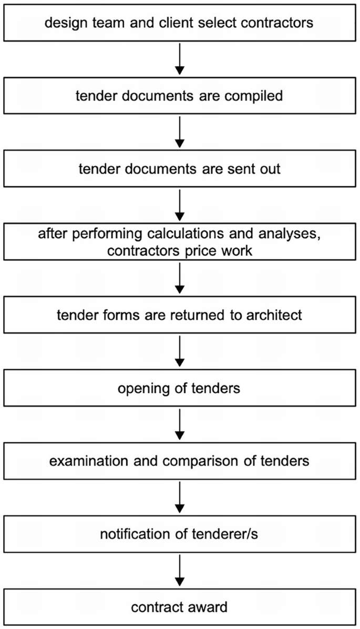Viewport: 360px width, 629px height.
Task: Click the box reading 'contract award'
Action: click(x=180, y=607)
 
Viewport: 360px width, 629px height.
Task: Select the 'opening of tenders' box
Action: click(x=180, y=389)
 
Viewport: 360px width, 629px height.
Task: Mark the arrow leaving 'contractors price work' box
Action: click(x=180, y=279)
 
